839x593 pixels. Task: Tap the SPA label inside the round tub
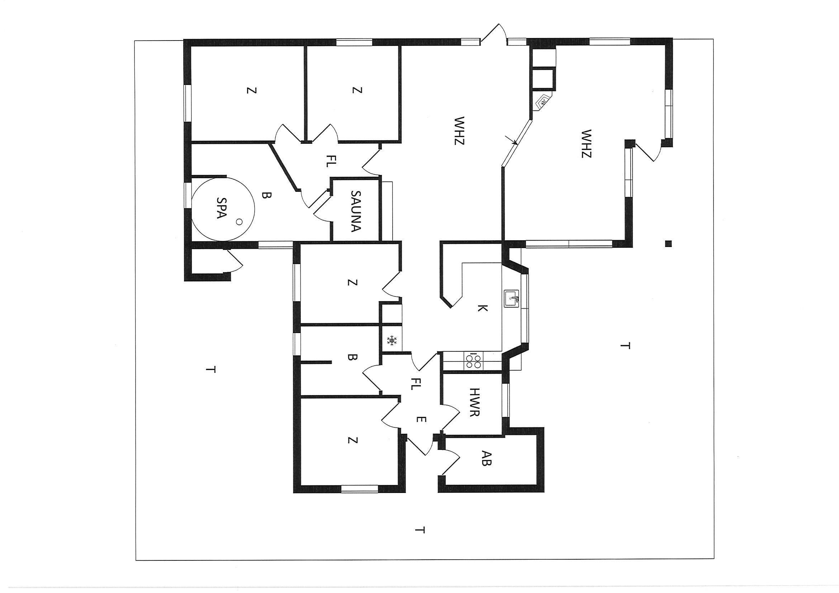tap(221, 208)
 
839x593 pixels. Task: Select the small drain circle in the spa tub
tap(239, 221)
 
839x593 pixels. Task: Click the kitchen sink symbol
tap(512, 299)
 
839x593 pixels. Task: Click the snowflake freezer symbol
tap(392, 341)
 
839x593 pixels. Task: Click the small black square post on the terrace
tap(668, 244)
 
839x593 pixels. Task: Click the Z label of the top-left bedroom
tap(251, 90)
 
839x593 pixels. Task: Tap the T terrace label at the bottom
tap(421, 540)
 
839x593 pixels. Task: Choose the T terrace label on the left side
tap(210, 370)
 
